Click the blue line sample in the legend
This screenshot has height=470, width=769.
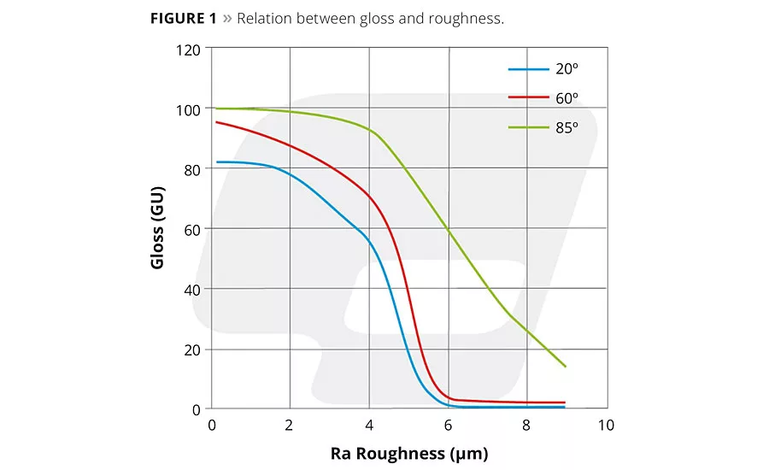click(528, 68)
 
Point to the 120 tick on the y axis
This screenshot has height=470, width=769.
click(189, 50)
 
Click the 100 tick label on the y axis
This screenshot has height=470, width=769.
click(189, 109)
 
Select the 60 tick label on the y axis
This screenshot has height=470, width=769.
click(192, 229)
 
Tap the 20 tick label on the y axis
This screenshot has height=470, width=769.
click(192, 350)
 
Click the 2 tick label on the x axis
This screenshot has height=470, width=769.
click(290, 425)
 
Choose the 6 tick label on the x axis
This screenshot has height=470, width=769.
click(448, 425)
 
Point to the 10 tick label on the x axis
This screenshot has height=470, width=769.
click(606, 425)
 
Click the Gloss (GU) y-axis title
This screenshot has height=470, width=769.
click(158, 229)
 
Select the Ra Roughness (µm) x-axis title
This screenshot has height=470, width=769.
click(409, 452)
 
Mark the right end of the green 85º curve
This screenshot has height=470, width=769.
click(565, 367)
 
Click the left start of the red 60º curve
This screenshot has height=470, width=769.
click(216, 122)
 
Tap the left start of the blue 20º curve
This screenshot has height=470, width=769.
click(216, 162)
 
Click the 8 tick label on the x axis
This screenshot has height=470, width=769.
click(526, 425)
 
